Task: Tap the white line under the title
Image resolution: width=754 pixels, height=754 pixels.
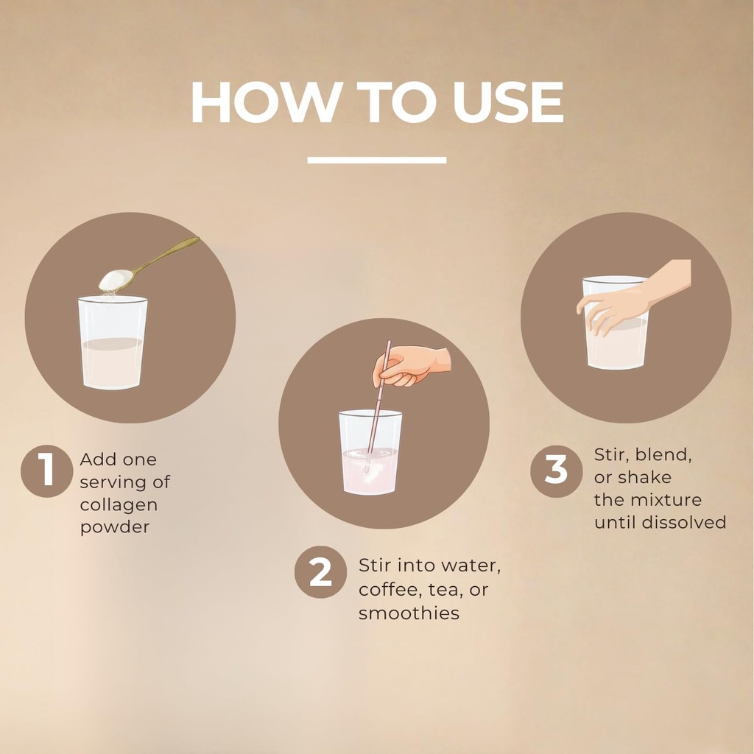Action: pos(377,160)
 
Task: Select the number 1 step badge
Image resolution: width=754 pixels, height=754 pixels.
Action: pos(46,471)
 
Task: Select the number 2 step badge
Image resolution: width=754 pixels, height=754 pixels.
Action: pos(321,571)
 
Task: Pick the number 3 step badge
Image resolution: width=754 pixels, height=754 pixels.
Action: pos(557,471)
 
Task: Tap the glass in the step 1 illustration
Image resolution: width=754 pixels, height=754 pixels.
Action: pos(113,342)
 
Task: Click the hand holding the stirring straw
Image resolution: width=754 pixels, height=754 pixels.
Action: pos(411,365)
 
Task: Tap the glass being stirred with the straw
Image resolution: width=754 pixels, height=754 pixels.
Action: pos(370,452)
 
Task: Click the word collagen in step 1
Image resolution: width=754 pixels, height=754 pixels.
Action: pos(119,505)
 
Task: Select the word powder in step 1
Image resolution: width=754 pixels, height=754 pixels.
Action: pos(114,527)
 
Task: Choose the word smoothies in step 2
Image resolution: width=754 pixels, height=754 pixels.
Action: pos(409,613)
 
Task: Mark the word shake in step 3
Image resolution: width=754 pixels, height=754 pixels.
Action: pos(645,477)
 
